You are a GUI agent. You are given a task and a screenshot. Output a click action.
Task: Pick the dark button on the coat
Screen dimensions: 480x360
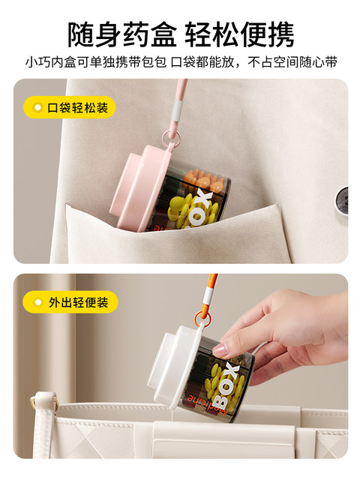click(x=342, y=200)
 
